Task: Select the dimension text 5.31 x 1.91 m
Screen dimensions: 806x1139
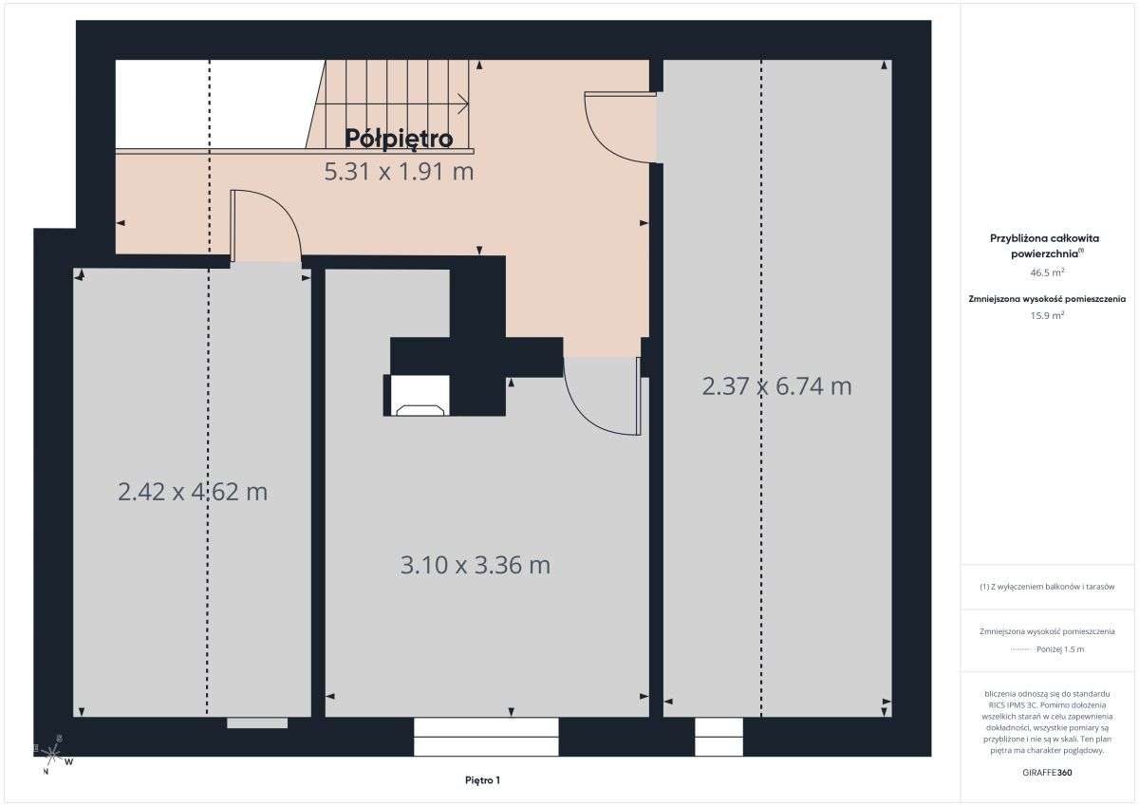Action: point(399,172)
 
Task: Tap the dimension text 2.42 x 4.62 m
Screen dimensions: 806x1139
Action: point(193,492)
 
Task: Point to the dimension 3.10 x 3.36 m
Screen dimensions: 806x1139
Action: point(476,565)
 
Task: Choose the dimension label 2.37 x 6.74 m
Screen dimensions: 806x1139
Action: point(776,386)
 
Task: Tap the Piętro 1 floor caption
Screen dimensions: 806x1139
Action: point(482,780)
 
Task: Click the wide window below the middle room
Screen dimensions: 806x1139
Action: point(486,737)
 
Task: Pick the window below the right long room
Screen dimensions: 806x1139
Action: point(719,737)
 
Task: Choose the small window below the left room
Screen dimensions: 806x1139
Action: point(256,723)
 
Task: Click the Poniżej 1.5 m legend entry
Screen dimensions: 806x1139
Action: point(1047,649)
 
